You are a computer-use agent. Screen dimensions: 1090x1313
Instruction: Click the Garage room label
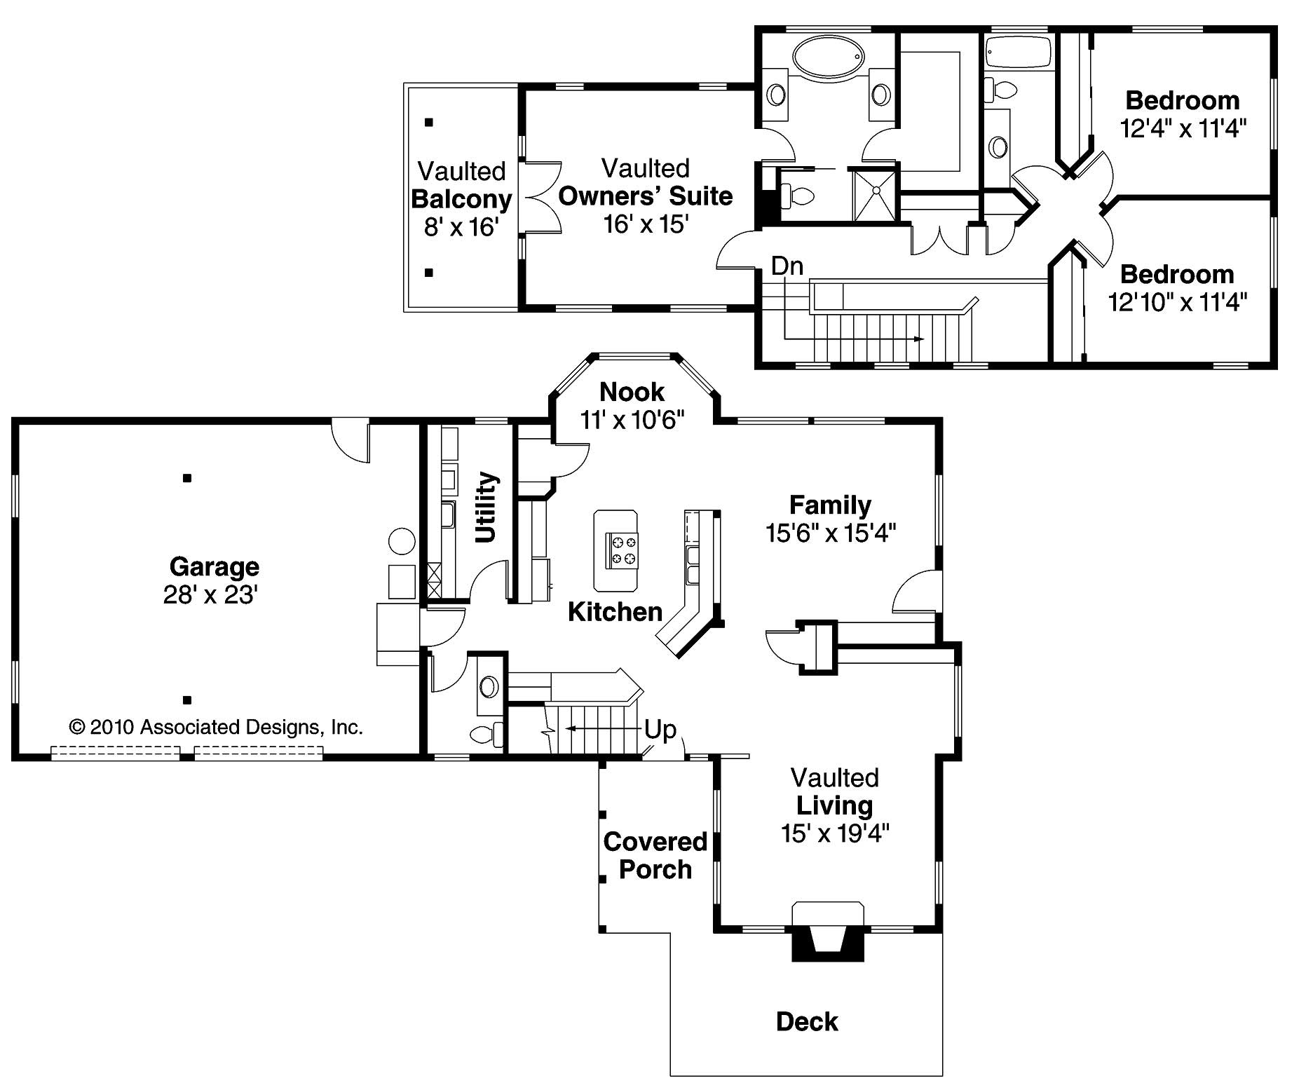(x=214, y=566)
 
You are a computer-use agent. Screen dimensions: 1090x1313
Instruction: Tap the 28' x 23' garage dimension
(x=211, y=595)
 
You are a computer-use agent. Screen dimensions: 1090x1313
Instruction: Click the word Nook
(x=632, y=391)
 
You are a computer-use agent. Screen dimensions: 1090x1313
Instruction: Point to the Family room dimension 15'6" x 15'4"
(x=831, y=533)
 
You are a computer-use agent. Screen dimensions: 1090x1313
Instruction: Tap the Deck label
(x=807, y=1021)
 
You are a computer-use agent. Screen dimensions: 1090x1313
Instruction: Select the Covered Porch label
(x=655, y=855)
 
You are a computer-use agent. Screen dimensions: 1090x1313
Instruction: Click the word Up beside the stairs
(x=660, y=730)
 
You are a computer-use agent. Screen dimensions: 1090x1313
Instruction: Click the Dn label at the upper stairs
(x=787, y=266)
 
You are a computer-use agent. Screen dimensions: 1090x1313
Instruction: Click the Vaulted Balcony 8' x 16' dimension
(x=461, y=226)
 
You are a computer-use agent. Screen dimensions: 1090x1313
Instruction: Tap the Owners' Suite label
(x=645, y=196)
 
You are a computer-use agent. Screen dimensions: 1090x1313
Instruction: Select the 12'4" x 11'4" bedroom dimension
(x=1183, y=129)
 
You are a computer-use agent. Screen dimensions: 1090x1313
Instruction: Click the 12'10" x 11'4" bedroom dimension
(x=1178, y=302)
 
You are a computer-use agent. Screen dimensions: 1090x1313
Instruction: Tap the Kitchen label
(x=615, y=611)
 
